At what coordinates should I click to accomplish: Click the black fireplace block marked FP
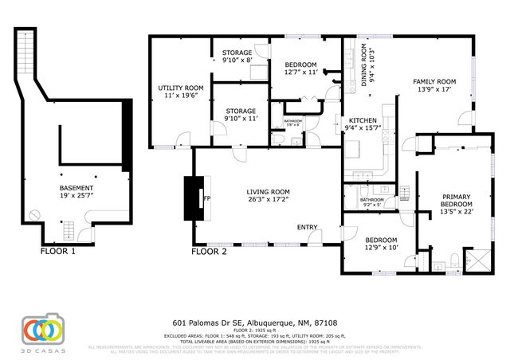point(193,198)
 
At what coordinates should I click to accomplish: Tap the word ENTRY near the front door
point(308,228)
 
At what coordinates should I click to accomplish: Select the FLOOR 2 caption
point(209,252)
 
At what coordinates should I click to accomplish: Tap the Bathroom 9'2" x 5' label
point(372,202)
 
